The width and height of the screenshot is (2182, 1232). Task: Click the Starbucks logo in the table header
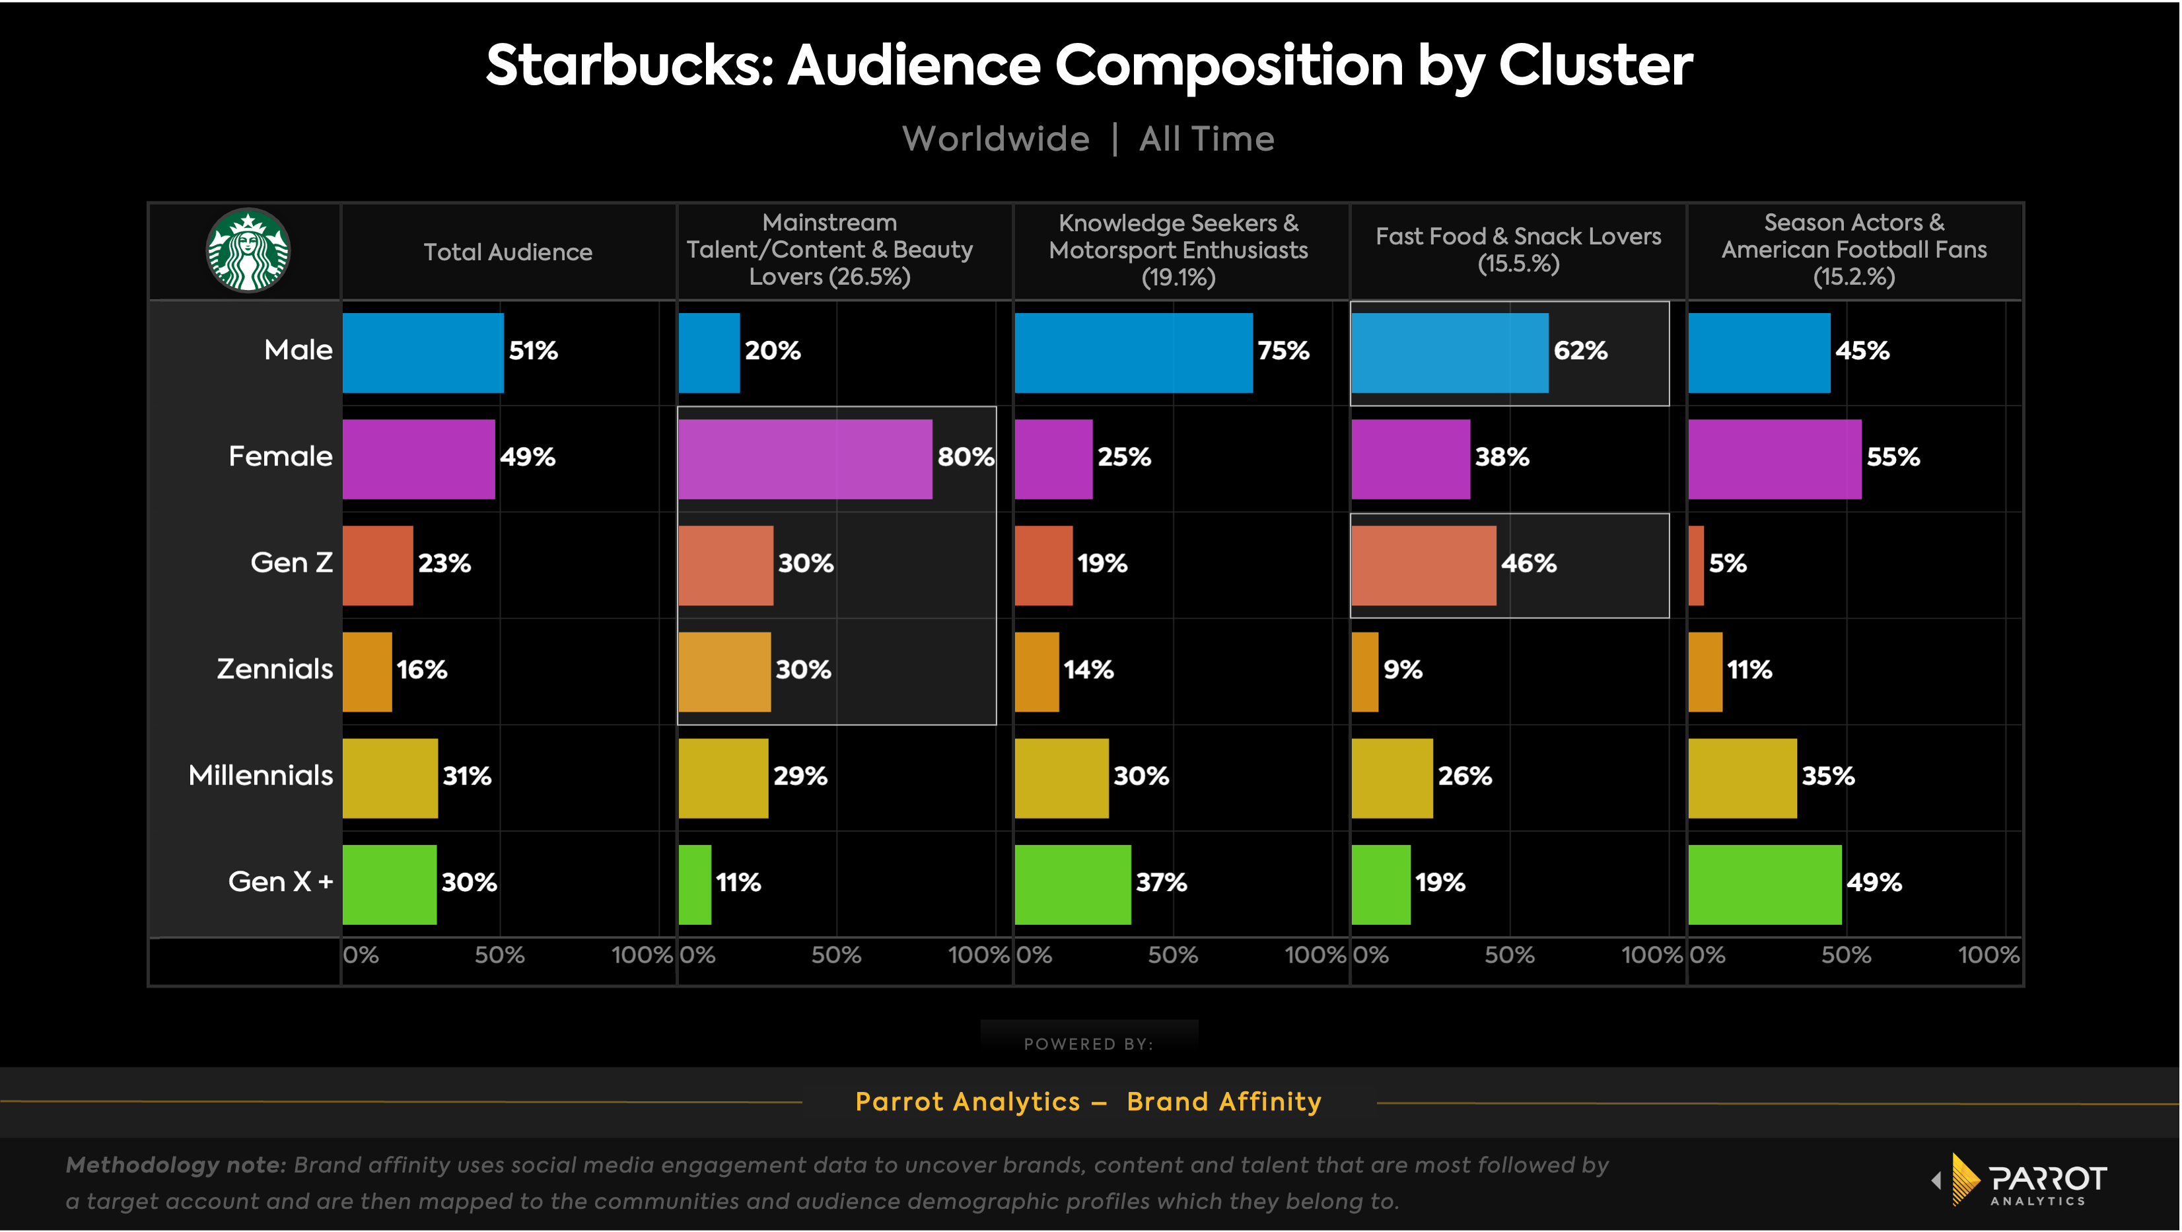[248, 251]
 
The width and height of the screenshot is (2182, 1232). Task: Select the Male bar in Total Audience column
[423, 353]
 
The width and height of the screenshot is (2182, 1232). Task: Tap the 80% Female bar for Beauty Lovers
[804, 459]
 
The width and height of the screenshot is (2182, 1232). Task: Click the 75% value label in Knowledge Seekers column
[1283, 351]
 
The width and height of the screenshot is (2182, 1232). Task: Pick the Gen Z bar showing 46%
[1423, 565]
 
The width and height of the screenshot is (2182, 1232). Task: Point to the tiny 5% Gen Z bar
[1696, 565]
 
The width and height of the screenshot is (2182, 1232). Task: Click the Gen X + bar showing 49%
[1765, 885]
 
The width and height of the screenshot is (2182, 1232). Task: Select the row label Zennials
[275, 669]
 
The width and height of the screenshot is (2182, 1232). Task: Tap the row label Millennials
[260, 776]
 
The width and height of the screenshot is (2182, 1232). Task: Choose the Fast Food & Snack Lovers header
[1518, 249]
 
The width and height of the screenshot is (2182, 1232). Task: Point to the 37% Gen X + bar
[1073, 885]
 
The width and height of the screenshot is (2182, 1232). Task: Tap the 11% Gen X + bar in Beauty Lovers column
[695, 885]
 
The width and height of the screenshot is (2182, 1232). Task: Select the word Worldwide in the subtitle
[995, 139]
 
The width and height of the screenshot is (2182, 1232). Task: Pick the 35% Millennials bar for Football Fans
[1742, 778]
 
